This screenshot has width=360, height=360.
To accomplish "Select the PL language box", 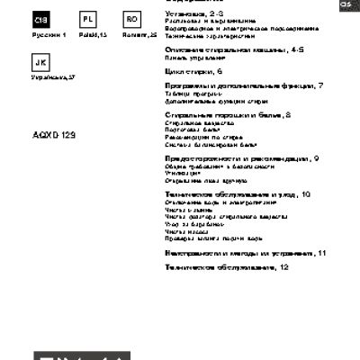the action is click(87, 20).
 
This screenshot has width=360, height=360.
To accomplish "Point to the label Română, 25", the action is click(132, 34).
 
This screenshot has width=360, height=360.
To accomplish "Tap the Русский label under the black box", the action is click(49, 34).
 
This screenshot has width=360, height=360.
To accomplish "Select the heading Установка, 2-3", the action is click(193, 14).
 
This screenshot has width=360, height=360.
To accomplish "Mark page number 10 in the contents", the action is click(306, 193).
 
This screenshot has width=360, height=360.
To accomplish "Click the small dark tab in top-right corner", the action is click(344, 4).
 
